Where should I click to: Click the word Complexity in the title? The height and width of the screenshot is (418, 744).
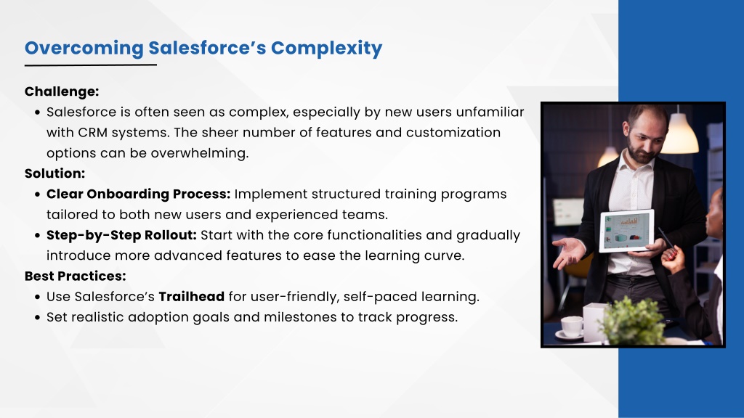coord(326,49)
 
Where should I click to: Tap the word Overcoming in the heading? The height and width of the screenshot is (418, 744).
coord(84,49)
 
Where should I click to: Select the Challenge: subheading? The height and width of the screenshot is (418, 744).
coord(62,91)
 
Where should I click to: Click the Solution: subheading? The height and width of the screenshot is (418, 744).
coord(54,173)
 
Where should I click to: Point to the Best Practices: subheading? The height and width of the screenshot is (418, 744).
coord(76,276)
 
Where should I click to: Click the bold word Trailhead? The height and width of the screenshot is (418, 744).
coord(191,297)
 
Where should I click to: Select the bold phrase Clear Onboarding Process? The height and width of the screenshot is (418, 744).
coord(138,194)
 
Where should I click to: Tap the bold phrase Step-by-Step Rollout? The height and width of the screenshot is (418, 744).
coord(121,235)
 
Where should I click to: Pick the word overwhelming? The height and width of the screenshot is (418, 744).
coord(200,154)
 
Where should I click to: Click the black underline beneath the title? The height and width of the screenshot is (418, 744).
coord(91,65)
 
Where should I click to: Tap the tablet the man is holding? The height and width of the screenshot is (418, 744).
coord(627,231)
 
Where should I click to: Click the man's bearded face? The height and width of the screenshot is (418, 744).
coord(646,136)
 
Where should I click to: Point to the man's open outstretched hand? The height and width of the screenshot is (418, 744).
coord(570,252)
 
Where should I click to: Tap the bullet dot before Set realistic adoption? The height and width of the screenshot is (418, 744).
coord(38,318)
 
